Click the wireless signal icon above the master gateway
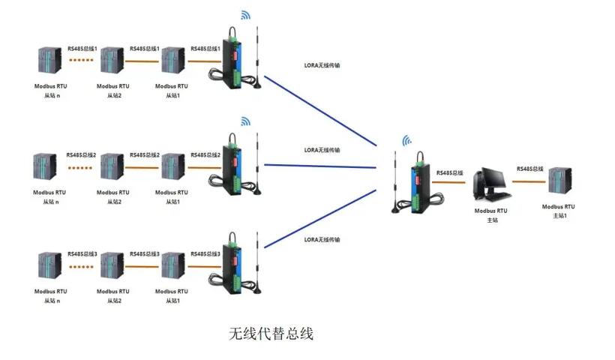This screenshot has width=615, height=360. [407, 140]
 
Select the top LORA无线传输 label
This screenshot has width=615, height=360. [322, 65]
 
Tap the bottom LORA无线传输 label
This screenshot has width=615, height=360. [322, 239]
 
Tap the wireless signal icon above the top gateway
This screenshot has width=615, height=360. [246, 14]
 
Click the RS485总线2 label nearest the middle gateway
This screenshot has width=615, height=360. [205, 154]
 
